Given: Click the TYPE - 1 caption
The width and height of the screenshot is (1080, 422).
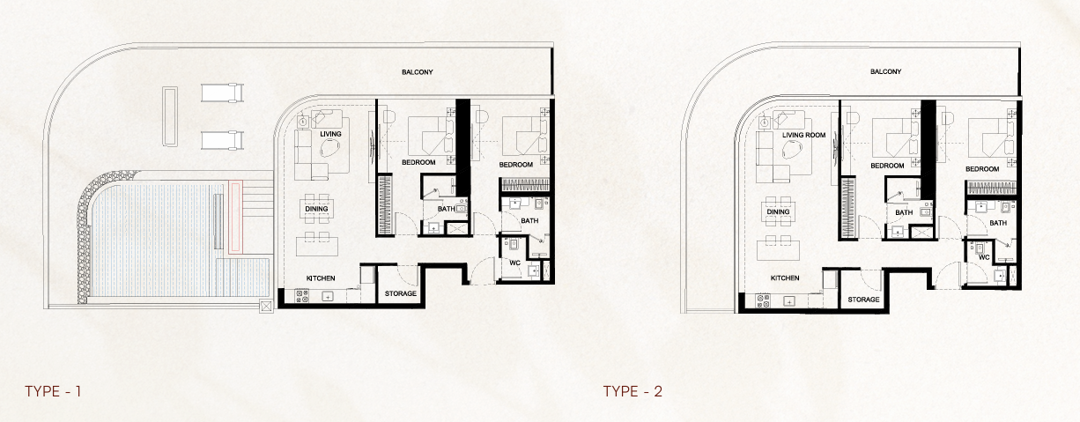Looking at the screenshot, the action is (x=53, y=391).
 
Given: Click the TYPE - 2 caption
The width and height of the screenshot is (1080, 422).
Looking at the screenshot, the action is (x=632, y=391).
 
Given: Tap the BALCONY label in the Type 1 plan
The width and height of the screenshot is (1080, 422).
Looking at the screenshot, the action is (x=418, y=72).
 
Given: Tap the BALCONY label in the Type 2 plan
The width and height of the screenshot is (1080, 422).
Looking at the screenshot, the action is (x=885, y=71).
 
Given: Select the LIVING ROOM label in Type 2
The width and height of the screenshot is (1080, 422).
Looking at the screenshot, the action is (x=803, y=135).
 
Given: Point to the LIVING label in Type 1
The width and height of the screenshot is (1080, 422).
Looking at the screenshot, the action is (x=330, y=134).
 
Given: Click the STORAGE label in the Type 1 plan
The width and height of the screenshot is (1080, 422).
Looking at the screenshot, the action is (x=401, y=293).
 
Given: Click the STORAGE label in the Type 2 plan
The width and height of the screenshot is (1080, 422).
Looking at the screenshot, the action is (x=863, y=300).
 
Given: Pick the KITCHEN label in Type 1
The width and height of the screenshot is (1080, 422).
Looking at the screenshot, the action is (x=321, y=278).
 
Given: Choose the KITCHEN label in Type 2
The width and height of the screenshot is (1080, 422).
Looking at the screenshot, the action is (x=785, y=278).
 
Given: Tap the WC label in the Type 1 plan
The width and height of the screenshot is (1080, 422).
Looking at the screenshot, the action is (x=515, y=263).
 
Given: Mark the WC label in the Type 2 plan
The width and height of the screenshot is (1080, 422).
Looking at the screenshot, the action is (x=984, y=257).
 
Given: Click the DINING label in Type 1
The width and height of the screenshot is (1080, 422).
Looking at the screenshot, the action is (x=316, y=209).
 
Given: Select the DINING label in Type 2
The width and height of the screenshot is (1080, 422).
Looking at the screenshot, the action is (x=778, y=211).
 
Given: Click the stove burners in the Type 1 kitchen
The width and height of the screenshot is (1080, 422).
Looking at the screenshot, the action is (x=302, y=296).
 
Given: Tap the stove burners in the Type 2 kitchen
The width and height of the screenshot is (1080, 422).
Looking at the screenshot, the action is (x=763, y=301).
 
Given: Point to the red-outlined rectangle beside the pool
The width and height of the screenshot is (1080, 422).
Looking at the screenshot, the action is (x=235, y=217).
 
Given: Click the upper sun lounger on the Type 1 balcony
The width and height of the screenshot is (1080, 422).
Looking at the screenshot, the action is (x=222, y=93).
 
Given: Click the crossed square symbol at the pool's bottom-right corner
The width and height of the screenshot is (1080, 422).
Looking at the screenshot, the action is (x=266, y=306).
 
